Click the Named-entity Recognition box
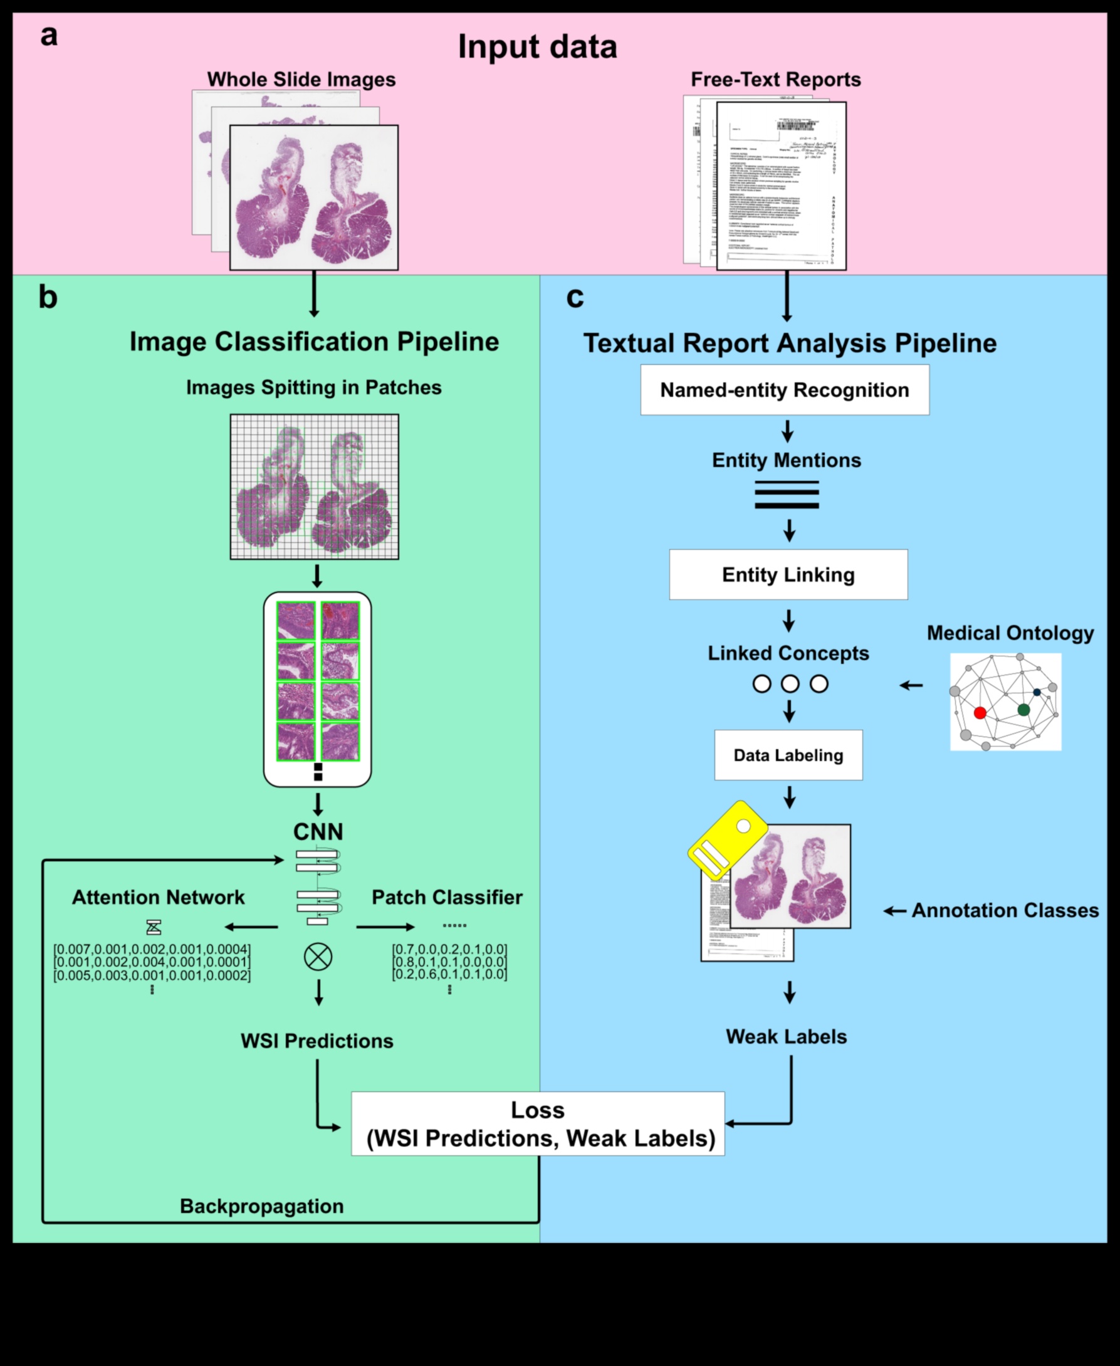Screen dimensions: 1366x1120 tap(785, 390)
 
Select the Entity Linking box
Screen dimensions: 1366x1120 tap(788, 574)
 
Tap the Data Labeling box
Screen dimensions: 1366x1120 tap(788, 755)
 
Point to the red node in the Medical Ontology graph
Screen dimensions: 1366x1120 tap(980, 713)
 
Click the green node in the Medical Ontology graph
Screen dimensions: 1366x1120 tap(1023, 710)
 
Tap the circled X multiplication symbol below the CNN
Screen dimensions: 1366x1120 tap(318, 957)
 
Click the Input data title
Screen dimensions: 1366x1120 tap(537, 46)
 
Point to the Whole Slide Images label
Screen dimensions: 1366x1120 tap(301, 80)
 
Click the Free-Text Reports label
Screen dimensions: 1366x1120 tap(775, 80)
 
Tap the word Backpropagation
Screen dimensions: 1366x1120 tap(261, 1206)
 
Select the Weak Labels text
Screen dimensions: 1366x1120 tap(786, 1036)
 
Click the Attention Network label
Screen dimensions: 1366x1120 tap(158, 897)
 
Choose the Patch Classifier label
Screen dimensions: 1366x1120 tap(446, 897)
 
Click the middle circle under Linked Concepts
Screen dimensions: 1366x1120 tap(790, 684)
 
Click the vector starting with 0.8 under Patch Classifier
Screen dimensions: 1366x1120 tap(449, 962)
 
